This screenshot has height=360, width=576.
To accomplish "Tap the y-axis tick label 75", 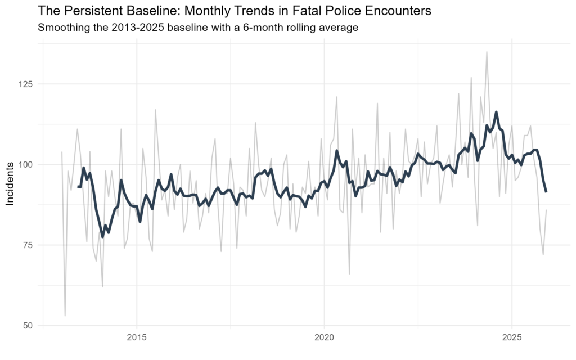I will [28, 245].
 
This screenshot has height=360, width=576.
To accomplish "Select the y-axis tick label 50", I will [28, 325].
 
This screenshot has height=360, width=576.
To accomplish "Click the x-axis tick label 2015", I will [137, 339].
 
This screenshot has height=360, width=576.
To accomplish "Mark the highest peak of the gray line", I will [487, 52].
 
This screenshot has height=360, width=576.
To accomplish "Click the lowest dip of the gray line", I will [65, 316].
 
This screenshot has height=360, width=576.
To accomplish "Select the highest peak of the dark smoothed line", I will [496, 112].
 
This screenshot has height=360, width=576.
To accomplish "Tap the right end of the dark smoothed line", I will [546, 192].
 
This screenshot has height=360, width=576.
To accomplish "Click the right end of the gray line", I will [546, 210].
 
